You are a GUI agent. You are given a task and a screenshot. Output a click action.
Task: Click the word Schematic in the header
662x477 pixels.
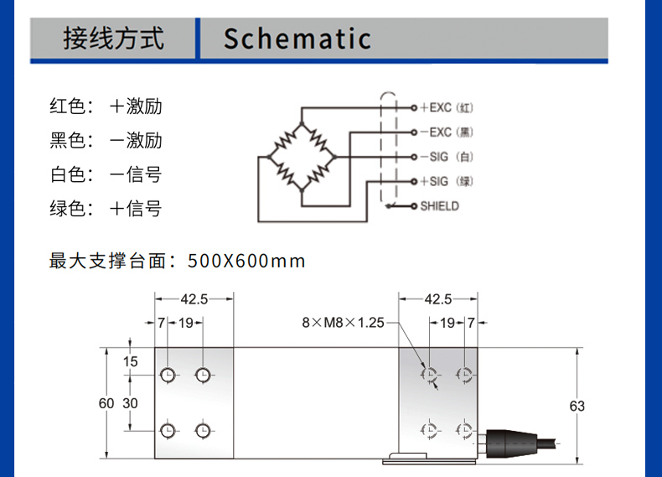point(297,39)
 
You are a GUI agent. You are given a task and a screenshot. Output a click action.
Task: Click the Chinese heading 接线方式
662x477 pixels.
point(114,39)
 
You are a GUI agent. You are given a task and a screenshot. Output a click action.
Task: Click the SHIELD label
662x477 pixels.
point(440,205)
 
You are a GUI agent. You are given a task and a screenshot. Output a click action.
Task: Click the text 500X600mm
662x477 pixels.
point(247,261)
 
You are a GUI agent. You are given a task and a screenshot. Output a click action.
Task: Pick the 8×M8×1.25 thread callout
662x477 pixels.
point(343,322)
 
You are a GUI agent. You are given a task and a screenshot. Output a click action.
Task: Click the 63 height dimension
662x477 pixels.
point(577,406)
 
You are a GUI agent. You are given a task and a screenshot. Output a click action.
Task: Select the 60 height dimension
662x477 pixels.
point(106,403)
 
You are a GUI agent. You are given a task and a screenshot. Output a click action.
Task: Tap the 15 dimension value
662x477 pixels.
point(130,362)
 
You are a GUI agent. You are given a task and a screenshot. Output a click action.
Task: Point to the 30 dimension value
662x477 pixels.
point(130,403)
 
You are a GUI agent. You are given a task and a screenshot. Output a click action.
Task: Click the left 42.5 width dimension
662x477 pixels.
point(193,298)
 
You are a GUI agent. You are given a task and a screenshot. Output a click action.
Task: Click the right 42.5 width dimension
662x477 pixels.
point(437,298)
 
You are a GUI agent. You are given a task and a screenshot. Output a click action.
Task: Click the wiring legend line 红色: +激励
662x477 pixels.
point(106,107)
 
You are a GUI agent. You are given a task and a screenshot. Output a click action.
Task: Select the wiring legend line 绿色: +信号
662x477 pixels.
point(106,209)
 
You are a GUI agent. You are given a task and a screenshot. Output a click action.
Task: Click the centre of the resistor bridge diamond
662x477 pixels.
point(301,157)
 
